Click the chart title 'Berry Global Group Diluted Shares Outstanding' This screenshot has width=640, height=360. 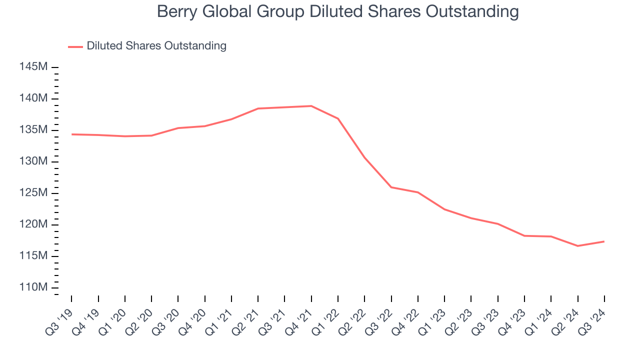337,11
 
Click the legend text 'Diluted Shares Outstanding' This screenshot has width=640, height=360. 156,46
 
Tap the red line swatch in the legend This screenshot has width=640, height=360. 75,46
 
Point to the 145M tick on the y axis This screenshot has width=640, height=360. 34,66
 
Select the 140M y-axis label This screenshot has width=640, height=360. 34,98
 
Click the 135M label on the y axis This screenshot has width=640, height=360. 34,129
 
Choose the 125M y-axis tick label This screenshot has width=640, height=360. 34,192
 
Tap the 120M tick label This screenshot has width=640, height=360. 34,224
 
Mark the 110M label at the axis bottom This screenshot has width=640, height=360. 34,287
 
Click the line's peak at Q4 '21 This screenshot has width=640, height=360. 311,106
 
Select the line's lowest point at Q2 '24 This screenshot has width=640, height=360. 578,246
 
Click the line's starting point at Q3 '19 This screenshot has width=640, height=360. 71,134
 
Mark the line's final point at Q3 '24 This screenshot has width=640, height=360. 604,241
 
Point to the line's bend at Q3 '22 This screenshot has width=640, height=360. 391,187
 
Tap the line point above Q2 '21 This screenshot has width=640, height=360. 258,108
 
